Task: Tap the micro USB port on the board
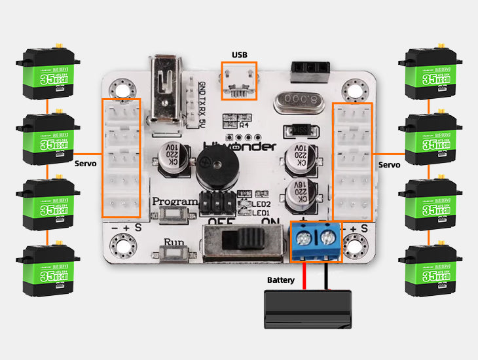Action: (x=239, y=82)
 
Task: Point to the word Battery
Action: (x=281, y=280)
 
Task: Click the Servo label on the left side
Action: (x=86, y=163)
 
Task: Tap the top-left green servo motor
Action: (x=46, y=72)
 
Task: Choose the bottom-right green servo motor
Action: (x=430, y=269)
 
